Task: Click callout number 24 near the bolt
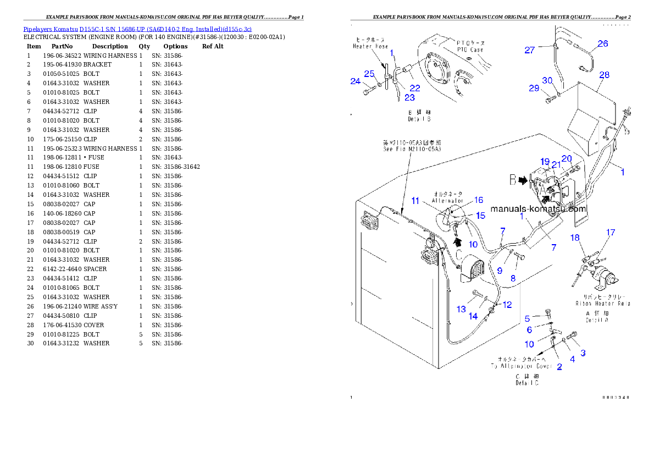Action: pyautogui.click(x=355, y=81)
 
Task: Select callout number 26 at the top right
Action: pyautogui.click(x=603, y=43)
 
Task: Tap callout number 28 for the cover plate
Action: pyautogui.click(x=605, y=75)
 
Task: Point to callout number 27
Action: pyautogui.click(x=529, y=50)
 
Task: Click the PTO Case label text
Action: pyautogui.click(x=470, y=46)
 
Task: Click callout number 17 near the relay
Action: pyautogui.click(x=611, y=233)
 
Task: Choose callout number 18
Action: pyautogui.click(x=575, y=238)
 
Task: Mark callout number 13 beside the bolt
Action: pyautogui.click(x=461, y=309)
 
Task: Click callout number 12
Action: pyautogui.click(x=507, y=304)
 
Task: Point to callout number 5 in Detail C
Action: pyautogui.click(x=527, y=318)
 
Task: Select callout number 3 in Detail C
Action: pyautogui.click(x=583, y=352)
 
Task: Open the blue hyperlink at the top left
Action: pyautogui.click(x=137, y=29)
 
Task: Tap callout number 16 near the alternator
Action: pyautogui.click(x=479, y=200)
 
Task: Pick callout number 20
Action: pyautogui.click(x=566, y=158)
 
